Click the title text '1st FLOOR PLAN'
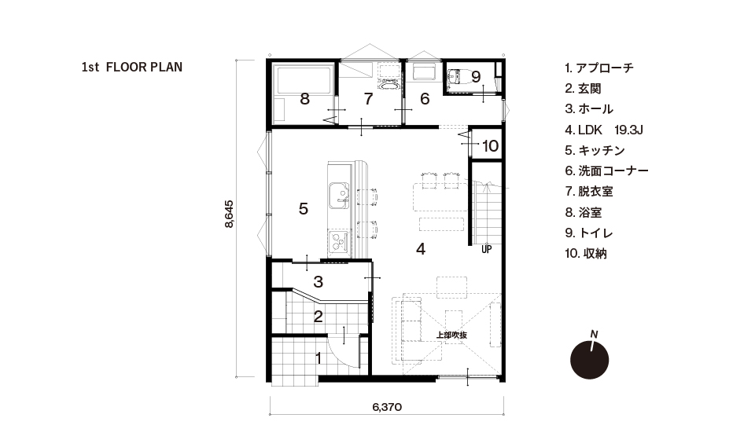click(132, 68)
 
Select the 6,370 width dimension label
click(387, 407)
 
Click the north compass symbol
click(589, 359)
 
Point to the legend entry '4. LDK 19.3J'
click(604, 130)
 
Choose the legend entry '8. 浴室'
click(583, 213)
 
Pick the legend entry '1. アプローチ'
click(599, 68)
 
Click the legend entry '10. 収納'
click(585, 254)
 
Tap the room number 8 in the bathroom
click(304, 99)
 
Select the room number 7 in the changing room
click(368, 99)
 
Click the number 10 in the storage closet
click(490, 145)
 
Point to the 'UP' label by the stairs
click(486, 250)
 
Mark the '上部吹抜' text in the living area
click(451, 335)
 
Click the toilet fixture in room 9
click(458, 77)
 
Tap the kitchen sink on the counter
click(339, 196)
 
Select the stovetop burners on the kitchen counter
click(340, 241)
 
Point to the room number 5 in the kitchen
click(304, 209)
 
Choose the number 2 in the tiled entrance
click(319, 317)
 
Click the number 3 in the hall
click(319, 282)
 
